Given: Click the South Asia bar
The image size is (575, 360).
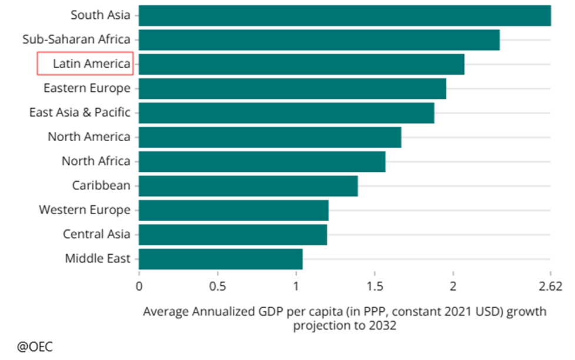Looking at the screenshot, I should [x=345, y=15].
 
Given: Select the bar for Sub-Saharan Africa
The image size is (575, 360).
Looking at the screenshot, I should [x=319, y=40].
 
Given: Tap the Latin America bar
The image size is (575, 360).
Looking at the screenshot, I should [x=301, y=64].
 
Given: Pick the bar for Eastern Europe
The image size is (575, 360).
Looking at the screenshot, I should [x=292, y=88].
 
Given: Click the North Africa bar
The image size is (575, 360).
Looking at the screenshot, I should [x=262, y=161].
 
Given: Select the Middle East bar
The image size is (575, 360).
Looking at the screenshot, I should [x=220, y=259].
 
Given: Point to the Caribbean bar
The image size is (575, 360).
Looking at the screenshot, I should [x=248, y=186].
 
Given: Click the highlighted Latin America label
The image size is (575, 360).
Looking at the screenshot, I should [x=91, y=64].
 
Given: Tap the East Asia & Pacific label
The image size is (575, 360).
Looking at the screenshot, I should [x=80, y=112].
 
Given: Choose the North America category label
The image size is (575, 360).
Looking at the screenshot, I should [x=89, y=137].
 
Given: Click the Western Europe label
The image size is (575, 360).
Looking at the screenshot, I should [x=85, y=210].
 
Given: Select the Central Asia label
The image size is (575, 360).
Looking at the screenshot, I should [x=96, y=234].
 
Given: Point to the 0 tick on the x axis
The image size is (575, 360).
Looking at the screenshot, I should [x=139, y=286].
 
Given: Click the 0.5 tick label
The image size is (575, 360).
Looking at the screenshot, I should [x=218, y=286].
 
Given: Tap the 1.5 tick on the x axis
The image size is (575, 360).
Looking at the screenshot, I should [x=375, y=286].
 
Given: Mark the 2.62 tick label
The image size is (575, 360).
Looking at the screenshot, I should [x=550, y=286].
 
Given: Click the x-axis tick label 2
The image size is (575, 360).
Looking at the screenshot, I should [x=453, y=286].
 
